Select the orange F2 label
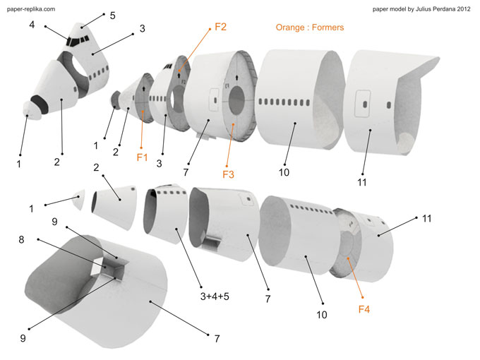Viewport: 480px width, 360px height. point(220,28)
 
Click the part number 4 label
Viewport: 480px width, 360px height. point(32,24)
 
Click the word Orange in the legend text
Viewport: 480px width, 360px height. point(290,28)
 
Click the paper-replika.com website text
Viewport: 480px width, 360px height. point(31,8)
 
